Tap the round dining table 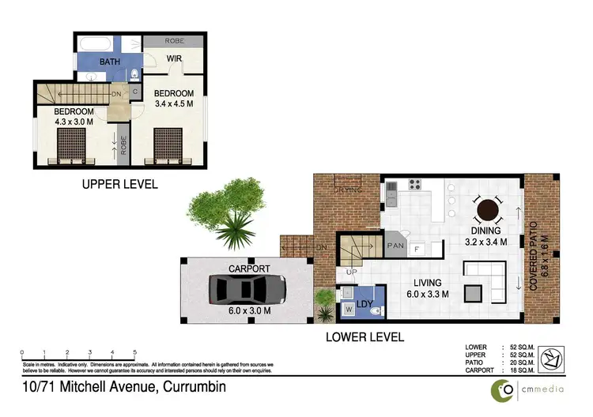pos(488,211)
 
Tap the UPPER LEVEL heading pos(119,184)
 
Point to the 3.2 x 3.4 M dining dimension pos(488,243)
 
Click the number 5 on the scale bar pos(135,352)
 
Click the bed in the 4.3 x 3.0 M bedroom pos(70,147)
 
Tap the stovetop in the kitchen pos(414,186)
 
